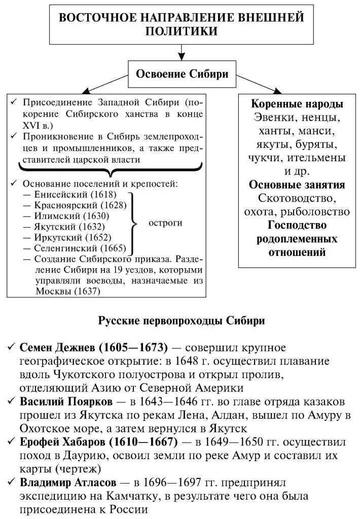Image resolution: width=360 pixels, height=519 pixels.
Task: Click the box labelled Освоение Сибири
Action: click(x=182, y=75)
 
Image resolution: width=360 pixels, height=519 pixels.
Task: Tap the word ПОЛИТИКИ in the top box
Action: click(x=182, y=31)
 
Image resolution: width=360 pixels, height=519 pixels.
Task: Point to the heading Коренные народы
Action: click(x=297, y=104)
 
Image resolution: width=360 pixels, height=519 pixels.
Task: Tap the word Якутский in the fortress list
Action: click(x=55, y=227)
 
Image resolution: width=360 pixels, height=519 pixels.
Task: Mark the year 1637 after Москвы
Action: click(x=87, y=291)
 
